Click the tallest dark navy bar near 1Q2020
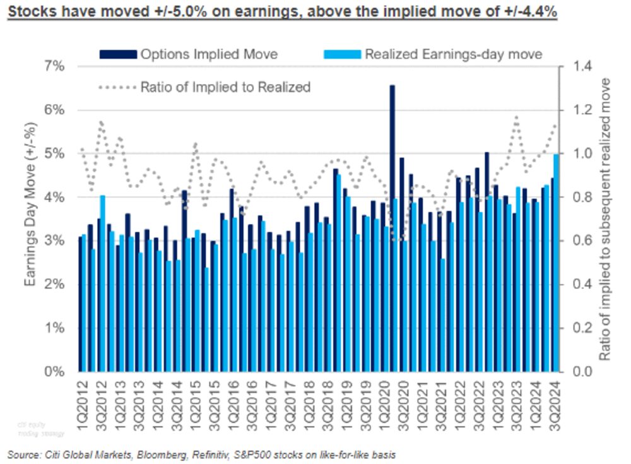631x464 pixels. coord(392,227)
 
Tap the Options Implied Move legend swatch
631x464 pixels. coord(118,54)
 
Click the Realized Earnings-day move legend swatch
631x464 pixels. coord(343,54)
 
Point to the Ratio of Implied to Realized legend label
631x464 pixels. coord(225,86)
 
